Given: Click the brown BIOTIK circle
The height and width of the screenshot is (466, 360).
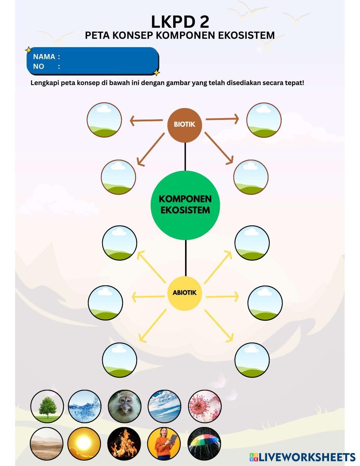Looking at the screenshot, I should point(184,124).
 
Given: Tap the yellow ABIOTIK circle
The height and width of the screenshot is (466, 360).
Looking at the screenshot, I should point(184,292).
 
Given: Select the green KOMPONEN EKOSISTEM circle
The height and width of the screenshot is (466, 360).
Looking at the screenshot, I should point(185,205).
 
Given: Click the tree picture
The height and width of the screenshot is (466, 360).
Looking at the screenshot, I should point(47,406).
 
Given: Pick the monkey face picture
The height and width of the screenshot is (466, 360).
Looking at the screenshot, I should point(125,406).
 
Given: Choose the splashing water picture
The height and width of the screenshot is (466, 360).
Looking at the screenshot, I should point(85,406).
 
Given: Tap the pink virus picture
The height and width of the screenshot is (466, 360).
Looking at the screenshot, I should point(205,406).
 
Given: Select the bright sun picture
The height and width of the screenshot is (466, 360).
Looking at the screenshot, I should point(84,443).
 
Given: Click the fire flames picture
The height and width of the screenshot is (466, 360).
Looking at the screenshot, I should point(124,443).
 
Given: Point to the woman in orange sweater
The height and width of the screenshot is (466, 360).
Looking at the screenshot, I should point(164,443).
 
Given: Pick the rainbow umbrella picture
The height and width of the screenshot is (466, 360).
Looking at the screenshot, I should point(204,443).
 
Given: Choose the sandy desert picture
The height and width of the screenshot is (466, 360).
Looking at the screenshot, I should point(47,443).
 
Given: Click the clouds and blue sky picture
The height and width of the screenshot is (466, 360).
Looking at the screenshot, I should point(165,406).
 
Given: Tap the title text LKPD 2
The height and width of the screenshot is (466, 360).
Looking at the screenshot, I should point(180,22).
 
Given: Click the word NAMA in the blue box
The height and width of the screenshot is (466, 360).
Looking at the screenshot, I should point(44,57).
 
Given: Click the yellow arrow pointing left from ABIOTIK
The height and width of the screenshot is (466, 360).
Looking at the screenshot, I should point(148,297).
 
